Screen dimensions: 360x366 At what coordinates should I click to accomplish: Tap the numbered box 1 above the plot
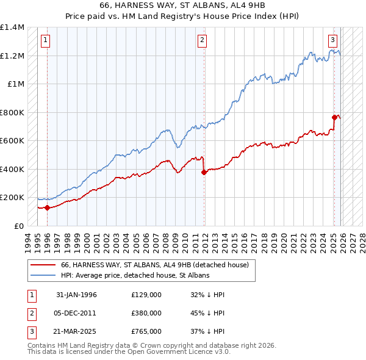coord(46,41)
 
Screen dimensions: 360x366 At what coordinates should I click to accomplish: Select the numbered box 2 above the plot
coord(203,41)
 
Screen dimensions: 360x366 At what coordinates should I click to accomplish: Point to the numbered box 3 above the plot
coord(333,41)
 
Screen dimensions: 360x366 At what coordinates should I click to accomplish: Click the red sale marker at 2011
coord(204,172)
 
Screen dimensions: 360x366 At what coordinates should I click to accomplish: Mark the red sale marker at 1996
coord(48,208)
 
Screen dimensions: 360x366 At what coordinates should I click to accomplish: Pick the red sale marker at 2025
coord(334,117)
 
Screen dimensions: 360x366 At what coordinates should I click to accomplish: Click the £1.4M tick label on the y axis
coord(12,28)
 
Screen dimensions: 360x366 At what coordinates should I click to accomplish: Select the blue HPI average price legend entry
coord(135,275)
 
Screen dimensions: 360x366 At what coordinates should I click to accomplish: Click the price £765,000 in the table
coord(146,331)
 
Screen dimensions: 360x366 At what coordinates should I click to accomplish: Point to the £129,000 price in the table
coord(146,295)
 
